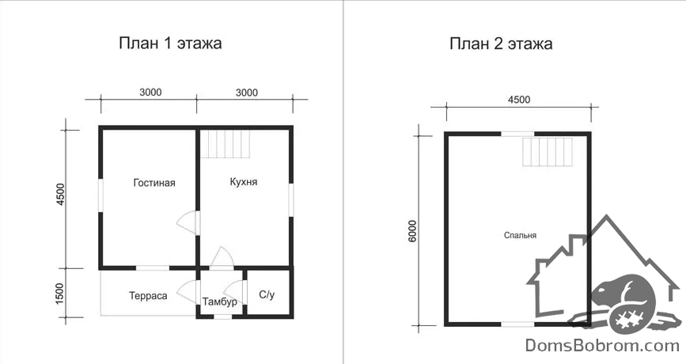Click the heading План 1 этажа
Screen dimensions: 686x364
tap(170, 44)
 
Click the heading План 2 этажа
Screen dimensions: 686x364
tap(501, 44)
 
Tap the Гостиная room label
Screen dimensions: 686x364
tap(154, 183)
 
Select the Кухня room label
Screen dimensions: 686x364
tap(244, 181)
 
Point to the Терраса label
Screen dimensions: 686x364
tap(148, 296)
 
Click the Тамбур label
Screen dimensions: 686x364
tap(220, 301)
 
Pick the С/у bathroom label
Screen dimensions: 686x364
tap(267, 294)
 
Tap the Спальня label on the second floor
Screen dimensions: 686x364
tap(520, 235)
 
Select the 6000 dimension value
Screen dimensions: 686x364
tap(412, 232)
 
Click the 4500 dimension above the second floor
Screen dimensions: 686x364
tap(519, 100)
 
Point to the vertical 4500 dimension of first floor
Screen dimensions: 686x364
tap(60, 195)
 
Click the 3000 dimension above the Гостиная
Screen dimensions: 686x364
tap(150, 93)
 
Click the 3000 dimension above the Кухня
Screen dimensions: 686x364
tap(247, 93)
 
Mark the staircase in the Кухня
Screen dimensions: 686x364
tap(225, 143)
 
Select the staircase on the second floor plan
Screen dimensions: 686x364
tap(548, 152)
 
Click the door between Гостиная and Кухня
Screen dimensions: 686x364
tap(188, 223)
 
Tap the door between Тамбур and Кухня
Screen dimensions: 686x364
tap(222, 258)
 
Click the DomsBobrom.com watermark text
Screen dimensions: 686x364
tap(602, 345)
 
